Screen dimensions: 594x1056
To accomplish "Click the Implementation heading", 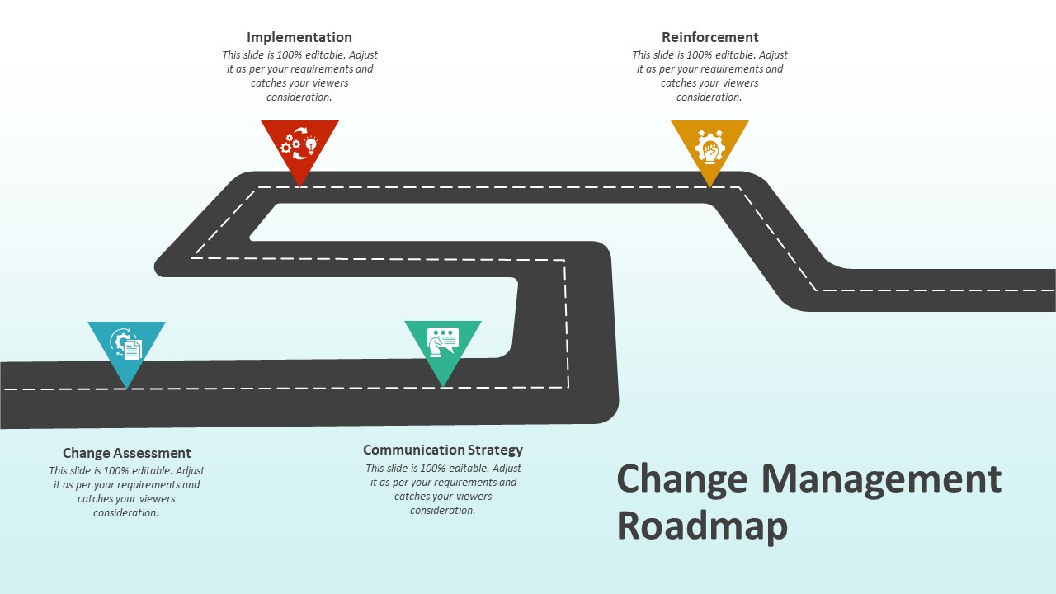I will click(x=299, y=37).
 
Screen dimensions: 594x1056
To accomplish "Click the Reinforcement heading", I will click(x=709, y=37).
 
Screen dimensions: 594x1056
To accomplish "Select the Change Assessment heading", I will click(x=126, y=453).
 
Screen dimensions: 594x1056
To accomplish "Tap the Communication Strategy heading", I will click(x=442, y=450).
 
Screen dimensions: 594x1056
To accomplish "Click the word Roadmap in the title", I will click(x=702, y=526).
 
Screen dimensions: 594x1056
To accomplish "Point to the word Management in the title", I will click(x=881, y=479).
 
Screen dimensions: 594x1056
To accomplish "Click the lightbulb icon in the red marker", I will click(x=311, y=146).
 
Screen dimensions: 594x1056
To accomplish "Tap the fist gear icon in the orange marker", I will click(x=709, y=147).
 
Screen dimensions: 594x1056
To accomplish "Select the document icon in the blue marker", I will click(x=132, y=350).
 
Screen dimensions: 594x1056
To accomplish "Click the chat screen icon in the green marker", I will click(x=442, y=340).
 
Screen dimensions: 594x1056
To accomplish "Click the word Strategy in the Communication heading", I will click(x=495, y=450).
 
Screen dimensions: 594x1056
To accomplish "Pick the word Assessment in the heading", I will click(x=152, y=453).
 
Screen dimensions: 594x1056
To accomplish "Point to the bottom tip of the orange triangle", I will click(x=709, y=186).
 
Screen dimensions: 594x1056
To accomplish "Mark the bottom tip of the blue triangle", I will click(x=126, y=388).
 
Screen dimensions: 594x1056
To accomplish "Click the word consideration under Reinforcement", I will click(x=709, y=97).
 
